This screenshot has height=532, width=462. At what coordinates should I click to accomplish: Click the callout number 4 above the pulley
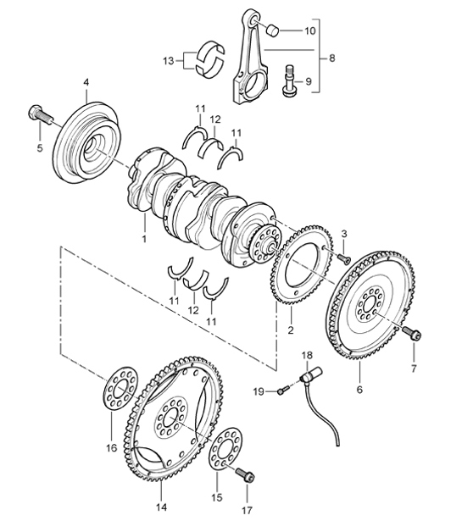click(x=86, y=82)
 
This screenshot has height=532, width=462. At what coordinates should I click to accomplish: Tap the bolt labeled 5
click(x=39, y=114)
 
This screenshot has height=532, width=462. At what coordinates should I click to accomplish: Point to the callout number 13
click(x=168, y=60)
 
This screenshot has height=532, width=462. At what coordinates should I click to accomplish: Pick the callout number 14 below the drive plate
click(x=162, y=507)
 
